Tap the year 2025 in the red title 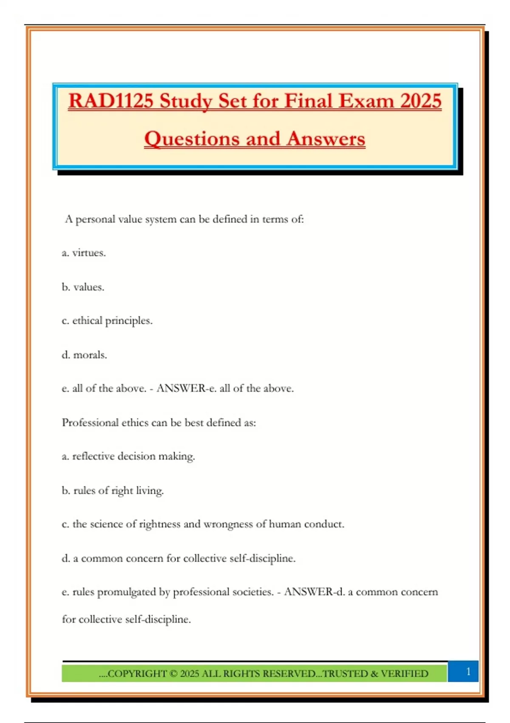[x=421, y=101]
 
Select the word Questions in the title [x=192, y=139]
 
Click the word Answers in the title [x=326, y=139]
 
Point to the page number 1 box [x=468, y=672]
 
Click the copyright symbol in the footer [x=173, y=674]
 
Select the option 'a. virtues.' [x=84, y=253]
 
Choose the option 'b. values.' [x=83, y=287]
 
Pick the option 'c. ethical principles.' [x=107, y=321]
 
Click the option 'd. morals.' [x=84, y=355]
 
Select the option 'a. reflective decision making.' [x=128, y=456]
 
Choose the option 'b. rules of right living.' [x=113, y=490]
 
